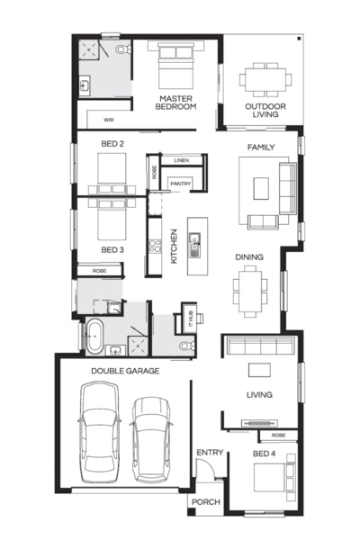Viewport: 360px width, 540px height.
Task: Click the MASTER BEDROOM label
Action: pyautogui.click(x=176, y=102)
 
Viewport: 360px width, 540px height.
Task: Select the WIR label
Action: pyautogui.click(x=108, y=119)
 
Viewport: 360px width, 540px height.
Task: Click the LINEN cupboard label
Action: pyautogui.click(x=181, y=160)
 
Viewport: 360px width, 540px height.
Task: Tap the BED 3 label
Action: pyautogui.click(x=111, y=249)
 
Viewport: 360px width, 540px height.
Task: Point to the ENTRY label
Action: pyautogui.click(x=207, y=453)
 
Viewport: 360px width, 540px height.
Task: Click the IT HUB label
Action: pyautogui.click(x=189, y=317)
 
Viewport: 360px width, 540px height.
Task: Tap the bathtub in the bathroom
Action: pyautogui.click(x=95, y=335)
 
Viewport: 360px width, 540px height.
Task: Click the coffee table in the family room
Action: pyautogui.click(x=261, y=187)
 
